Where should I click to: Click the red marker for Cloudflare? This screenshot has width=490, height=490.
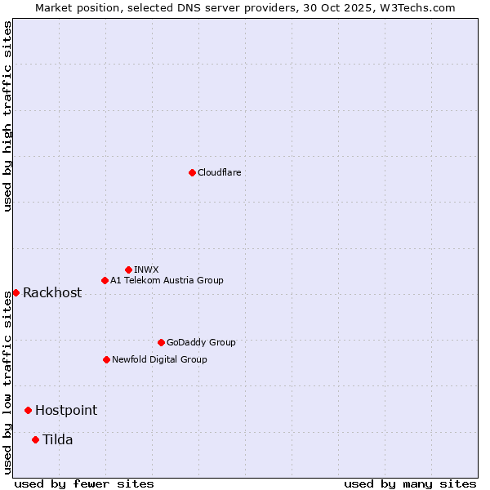tap(192, 172)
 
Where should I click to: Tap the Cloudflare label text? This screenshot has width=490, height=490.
tap(219, 172)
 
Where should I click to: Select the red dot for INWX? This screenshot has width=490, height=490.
tap(128, 269)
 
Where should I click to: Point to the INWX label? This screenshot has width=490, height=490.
tap(146, 269)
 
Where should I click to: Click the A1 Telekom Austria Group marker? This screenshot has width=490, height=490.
tap(105, 280)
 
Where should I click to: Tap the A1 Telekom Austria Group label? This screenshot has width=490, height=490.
tap(167, 280)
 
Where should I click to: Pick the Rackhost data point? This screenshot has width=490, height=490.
tap(16, 292)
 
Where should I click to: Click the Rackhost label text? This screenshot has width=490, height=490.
tap(52, 292)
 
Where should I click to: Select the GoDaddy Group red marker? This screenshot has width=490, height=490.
tap(161, 342)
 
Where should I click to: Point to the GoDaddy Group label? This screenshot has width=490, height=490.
tap(201, 342)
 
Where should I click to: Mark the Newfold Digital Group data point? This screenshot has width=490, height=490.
tap(106, 359)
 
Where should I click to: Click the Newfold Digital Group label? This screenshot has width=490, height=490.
tap(159, 359)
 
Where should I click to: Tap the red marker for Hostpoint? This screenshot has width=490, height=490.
tap(28, 410)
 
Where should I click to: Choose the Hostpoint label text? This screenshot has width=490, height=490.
tap(66, 410)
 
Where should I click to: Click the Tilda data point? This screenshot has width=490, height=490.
tap(35, 439)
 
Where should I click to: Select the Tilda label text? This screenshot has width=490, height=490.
tap(58, 439)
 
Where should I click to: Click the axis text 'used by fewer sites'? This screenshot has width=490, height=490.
tap(84, 483)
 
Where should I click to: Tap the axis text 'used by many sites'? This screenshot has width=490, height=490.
tap(410, 483)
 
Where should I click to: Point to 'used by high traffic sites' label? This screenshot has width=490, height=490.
tap(7, 116)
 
